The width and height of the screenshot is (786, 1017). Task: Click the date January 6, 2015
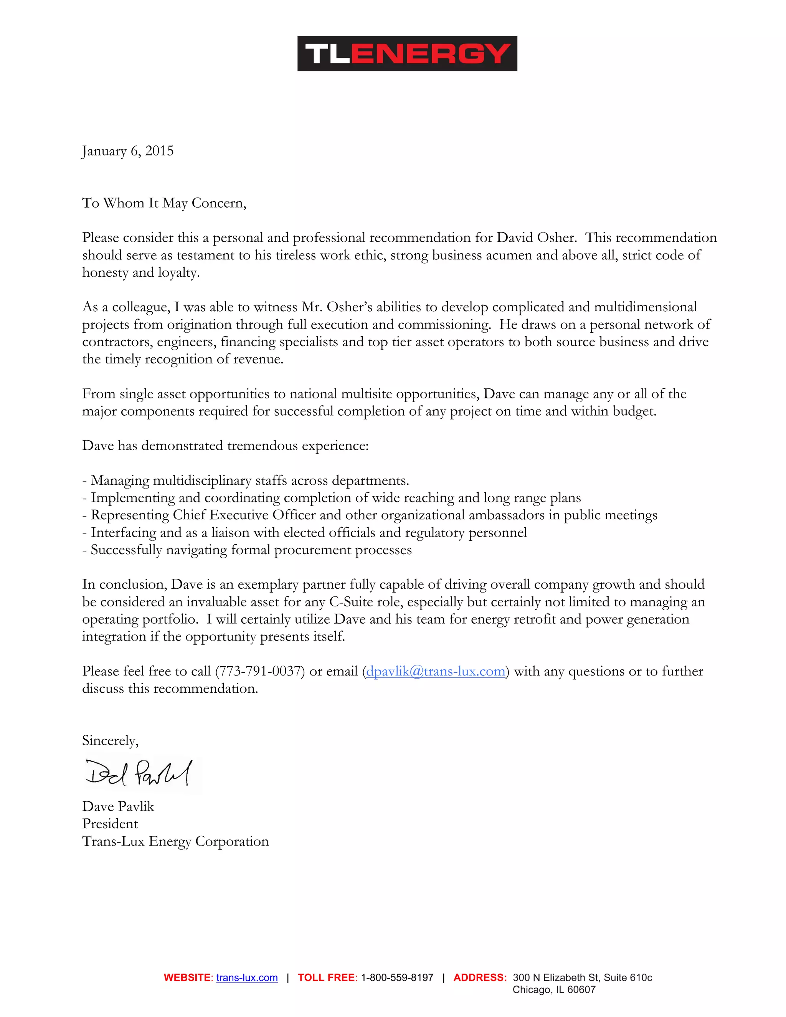click(x=127, y=151)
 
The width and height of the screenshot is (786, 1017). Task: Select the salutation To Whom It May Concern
click(x=164, y=203)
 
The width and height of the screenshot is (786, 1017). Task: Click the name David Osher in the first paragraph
click(x=536, y=238)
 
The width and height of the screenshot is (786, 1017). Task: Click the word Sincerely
click(x=110, y=741)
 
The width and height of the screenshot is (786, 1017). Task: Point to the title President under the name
click(x=110, y=824)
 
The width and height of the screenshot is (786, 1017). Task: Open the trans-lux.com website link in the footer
click(x=247, y=978)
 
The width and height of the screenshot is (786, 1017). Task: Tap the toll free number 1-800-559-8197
click(x=397, y=978)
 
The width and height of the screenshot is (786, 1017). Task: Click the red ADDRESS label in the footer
click(x=480, y=978)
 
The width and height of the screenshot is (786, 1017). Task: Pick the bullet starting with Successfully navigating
click(x=247, y=550)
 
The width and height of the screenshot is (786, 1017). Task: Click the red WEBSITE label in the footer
click(x=187, y=978)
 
